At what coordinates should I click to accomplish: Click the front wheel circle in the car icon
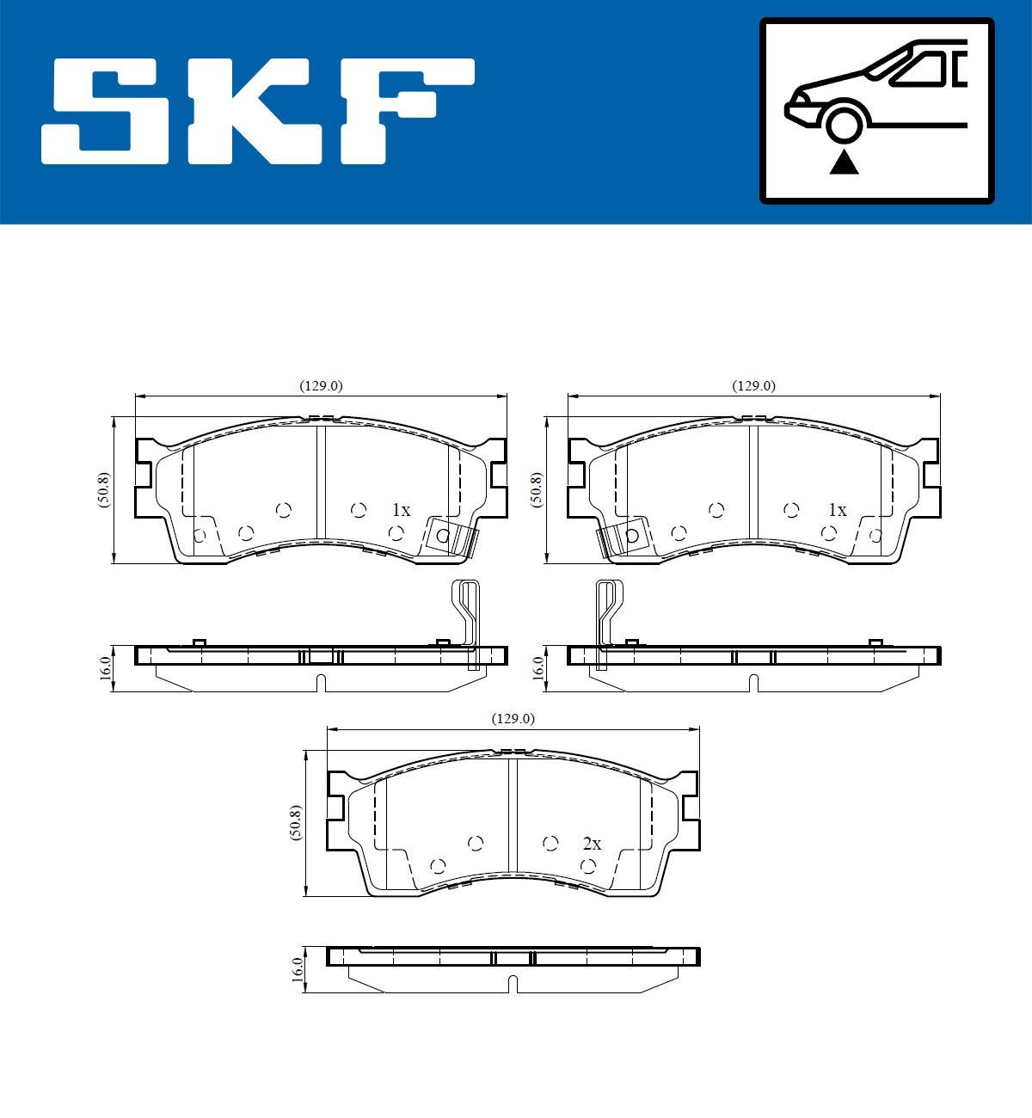click(x=843, y=124)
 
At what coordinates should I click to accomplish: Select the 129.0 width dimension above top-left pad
click(x=321, y=386)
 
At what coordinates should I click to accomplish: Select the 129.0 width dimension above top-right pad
click(x=753, y=386)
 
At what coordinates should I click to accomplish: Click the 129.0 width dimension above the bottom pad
click(x=513, y=718)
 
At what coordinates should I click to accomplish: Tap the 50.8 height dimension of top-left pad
click(x=104, y=490)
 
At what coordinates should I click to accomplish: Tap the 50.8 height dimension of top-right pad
click(x=537, y=490)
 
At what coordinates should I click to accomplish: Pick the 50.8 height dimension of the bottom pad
click(x=296, y=823)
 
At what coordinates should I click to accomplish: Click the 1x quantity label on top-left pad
click(x=401, y=510)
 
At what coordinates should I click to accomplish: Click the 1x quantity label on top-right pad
click(x=837, y=510)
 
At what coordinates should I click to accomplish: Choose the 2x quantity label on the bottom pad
click(x=592, y=844)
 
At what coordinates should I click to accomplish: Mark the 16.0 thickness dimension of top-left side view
click(x=105, y=668)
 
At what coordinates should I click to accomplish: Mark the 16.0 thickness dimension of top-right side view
click(x=537, y=668)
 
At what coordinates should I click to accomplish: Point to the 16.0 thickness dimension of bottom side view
click(x=298, y=969)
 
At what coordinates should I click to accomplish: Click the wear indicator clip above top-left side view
click(x=468, y=615)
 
